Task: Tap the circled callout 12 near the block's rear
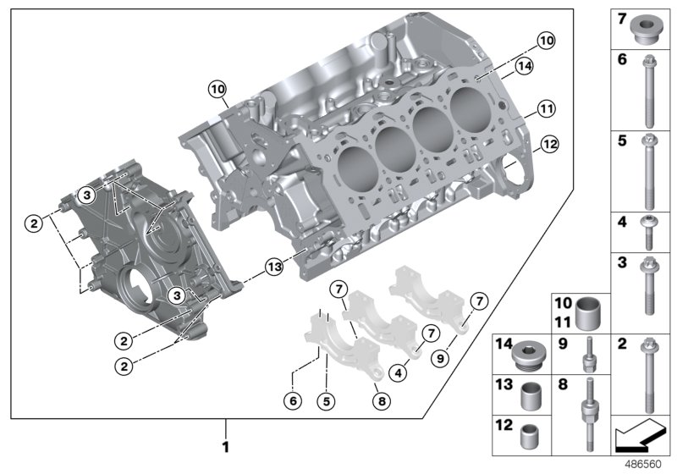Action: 550,145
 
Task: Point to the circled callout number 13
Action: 272,268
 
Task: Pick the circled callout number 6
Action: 293,400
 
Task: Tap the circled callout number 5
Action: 324,400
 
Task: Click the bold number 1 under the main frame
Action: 225,445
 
